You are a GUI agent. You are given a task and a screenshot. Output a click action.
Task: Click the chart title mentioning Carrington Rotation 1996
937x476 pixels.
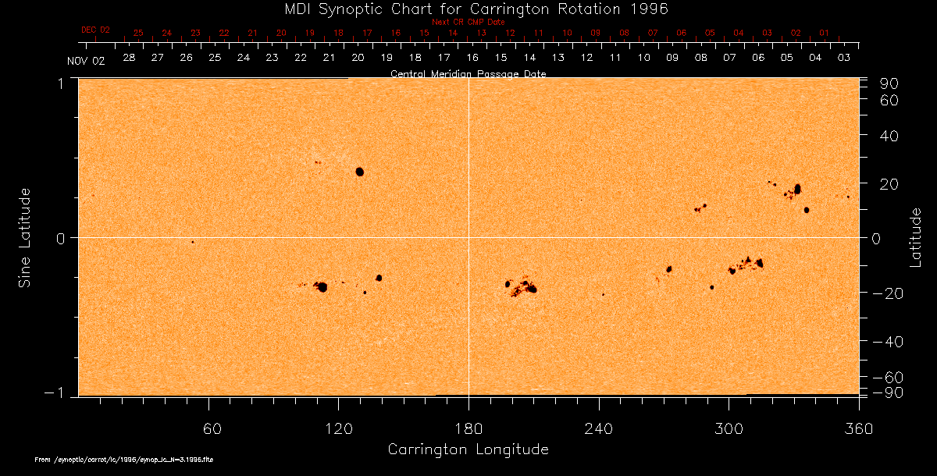(x=468, y=9)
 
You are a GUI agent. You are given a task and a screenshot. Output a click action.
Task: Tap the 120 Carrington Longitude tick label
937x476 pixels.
(x=339, y=428)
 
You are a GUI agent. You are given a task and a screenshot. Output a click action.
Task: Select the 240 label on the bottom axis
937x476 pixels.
(x=599, y=428)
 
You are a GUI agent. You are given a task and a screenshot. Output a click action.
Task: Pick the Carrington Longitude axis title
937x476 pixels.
(x=468, y=449)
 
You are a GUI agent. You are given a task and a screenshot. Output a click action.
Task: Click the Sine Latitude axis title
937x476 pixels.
(x=25, y=237)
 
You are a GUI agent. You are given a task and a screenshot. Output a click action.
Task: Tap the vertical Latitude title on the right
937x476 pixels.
(x=916, y=237)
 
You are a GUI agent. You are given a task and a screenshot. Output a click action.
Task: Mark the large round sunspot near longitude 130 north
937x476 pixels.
(x=360, y=172)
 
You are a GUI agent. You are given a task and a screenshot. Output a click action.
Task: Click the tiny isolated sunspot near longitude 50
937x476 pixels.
(x=193, y=242)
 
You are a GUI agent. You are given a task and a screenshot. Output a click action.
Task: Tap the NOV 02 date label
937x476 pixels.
(x=85, y=60)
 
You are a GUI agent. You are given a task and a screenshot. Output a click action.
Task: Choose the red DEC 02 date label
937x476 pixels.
(x=96, y=30)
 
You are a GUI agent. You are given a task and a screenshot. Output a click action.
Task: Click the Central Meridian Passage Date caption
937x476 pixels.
(x=468, y=74)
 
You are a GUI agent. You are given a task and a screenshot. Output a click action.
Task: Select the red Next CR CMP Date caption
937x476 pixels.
(x=468, y=22)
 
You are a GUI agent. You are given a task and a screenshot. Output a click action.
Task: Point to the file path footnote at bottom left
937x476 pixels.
(x=124, y=460)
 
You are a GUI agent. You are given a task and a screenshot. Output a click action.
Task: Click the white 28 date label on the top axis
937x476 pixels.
(x=128, y=58)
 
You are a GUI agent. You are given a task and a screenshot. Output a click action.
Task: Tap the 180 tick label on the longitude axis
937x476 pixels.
(x=468, y=428)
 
